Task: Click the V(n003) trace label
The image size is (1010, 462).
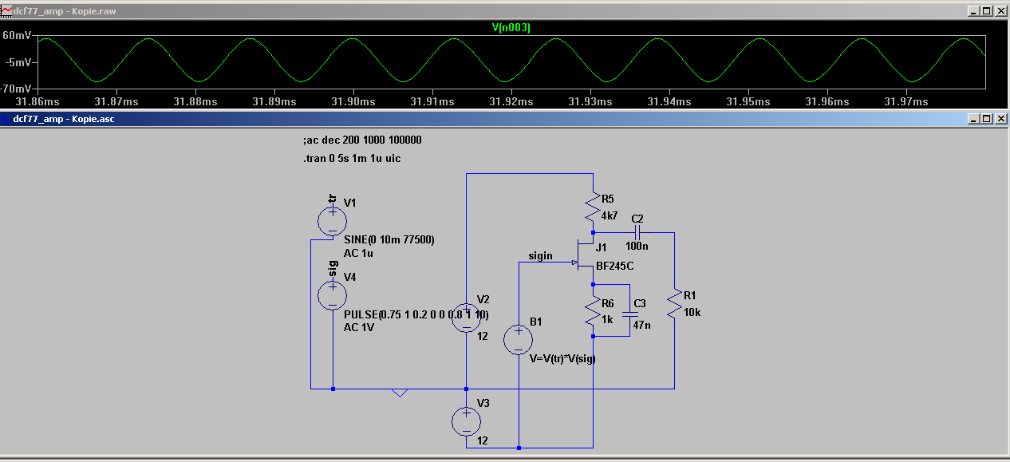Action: (x=511, y=28)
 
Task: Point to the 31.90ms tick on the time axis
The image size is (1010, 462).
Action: (x=353, y=102)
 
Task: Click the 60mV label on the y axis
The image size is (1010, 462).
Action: (x=17, y=36)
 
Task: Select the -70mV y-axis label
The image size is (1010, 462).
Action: (x=17, y=88)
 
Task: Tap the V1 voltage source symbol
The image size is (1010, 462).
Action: (x=332, y=220)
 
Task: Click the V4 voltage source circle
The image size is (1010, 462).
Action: (x=332, y=295)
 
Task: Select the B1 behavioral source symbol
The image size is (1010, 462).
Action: (x=519, y=339)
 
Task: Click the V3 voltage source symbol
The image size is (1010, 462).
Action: (x=466, y=421)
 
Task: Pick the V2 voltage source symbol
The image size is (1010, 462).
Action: (x=466, y=317)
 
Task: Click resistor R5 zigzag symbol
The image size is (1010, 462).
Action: (x=593, y=209)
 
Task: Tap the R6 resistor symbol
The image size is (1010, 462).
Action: (x=593, y=312)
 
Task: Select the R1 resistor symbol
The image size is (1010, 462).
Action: (x=674, y=303)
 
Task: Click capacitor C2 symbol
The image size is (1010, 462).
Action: (x=636, y=232)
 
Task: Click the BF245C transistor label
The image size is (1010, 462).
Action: (x=614, y=266)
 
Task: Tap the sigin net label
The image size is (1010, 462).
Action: (x=540, y=256)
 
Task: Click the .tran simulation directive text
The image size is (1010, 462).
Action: (x=352, y=159)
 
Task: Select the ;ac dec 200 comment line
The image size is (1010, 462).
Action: (x=362, y=140)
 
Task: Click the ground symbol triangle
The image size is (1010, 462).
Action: (x=400, y=393)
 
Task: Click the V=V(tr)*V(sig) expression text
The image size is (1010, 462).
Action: (x=562, y=358)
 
